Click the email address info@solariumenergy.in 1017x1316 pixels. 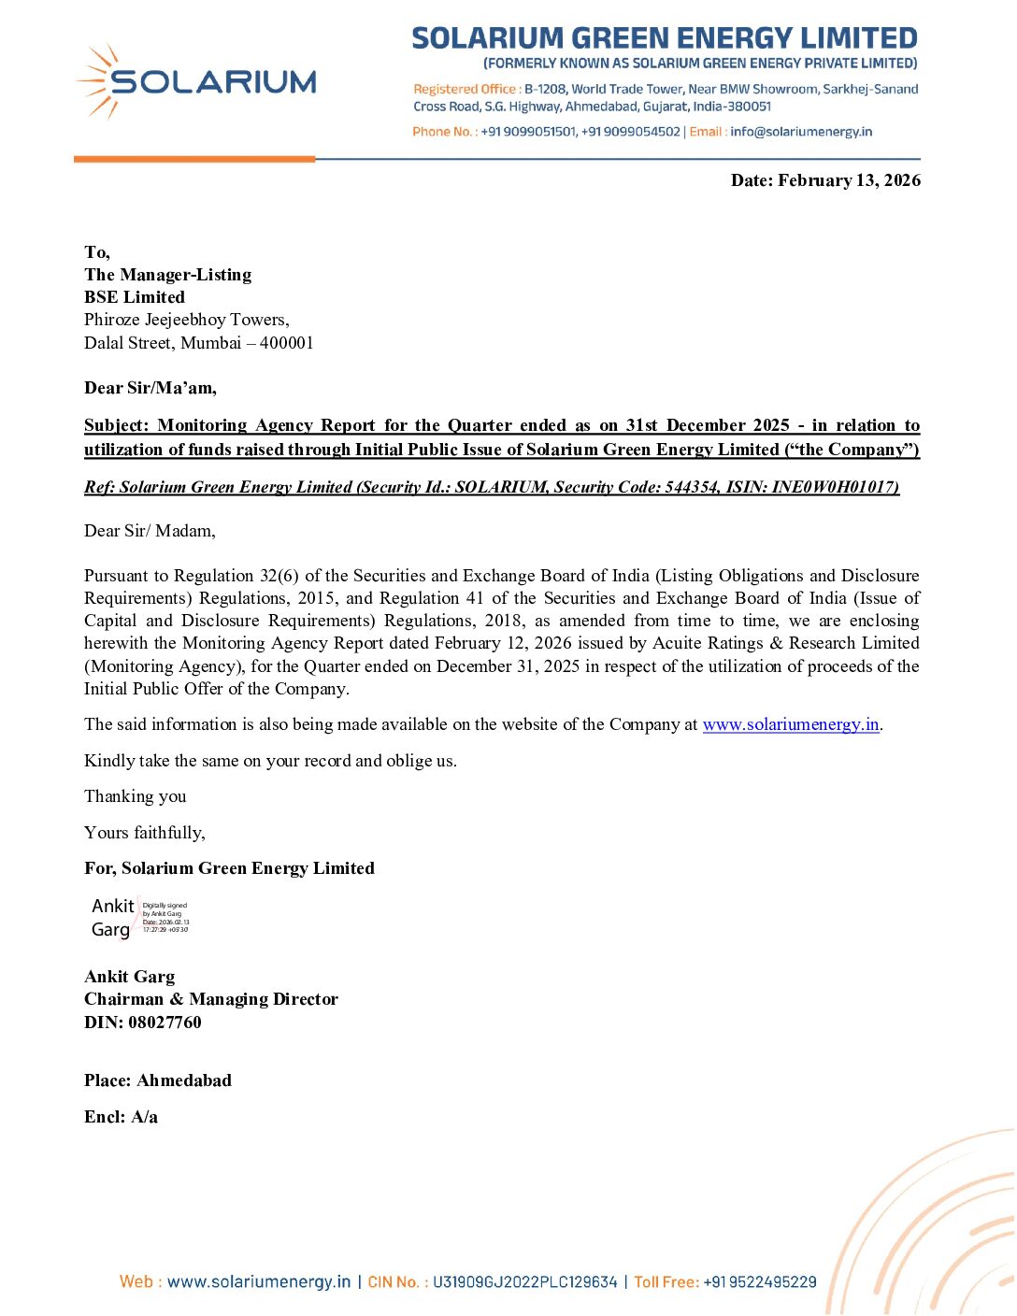[x=801, y=132]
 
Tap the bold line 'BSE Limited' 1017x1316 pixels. [x=135, y=297]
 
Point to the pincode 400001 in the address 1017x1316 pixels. [x=287, y=343]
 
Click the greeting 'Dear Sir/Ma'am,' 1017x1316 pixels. [x=150, y=388]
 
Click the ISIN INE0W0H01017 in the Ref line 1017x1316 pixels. [x=835, y=487]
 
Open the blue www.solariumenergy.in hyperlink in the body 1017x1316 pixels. [x=791, y=724]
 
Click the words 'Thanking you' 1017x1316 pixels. [x=136, y=796]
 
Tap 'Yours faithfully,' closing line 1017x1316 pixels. [x=145, y=833]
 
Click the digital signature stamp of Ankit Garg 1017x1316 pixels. [x=140, y=918]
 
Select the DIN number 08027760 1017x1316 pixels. [x=165, y=1023]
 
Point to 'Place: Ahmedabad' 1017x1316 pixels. [x=158, y=1080]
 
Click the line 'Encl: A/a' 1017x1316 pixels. [x=122, y=1117]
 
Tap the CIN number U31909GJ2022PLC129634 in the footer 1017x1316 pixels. [x=524, y=1282]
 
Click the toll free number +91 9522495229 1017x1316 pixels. [x=759, y=1282]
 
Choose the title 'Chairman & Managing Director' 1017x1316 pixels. [x=211, y=999]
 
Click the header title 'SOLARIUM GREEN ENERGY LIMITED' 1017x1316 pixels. [x=665, y=38]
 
